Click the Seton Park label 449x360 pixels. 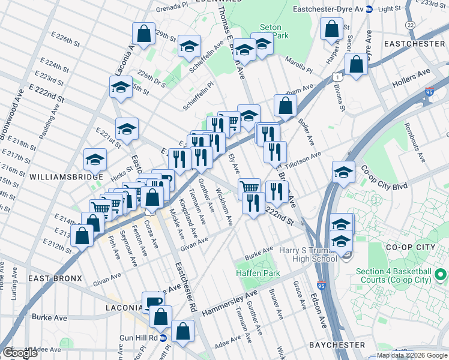pos(274,31)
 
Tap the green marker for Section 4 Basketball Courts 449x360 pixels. pos(440,275)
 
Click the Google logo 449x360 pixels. pos(20,353)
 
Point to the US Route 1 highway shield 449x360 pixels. pos(337,77)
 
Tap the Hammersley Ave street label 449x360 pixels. pos(229,303)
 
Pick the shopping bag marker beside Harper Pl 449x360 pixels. pos(331,28)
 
